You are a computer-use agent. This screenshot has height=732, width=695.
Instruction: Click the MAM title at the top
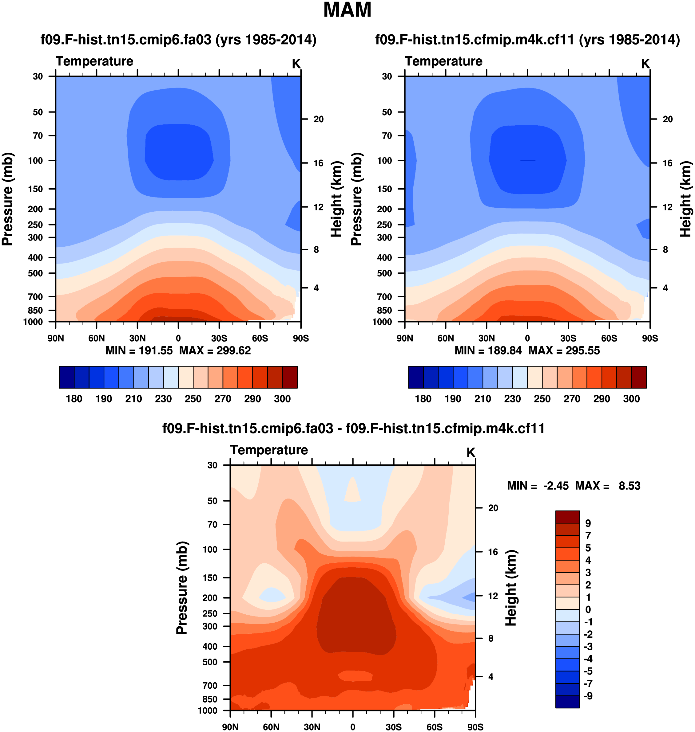tap(347, 10)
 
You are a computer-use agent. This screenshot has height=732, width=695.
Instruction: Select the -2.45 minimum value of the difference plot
tap(556, 486)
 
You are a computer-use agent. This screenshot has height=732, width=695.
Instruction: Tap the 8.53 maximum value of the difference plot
tap(629, 486)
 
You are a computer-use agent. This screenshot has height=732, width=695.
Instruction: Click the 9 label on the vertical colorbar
tap(588, 523)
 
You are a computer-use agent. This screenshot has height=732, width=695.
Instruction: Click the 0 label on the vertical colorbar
tap(588, 609)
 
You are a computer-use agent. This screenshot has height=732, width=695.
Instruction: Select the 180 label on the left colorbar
tap(74, 399)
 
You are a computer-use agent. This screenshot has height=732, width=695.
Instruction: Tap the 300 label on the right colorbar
tap(631, 399)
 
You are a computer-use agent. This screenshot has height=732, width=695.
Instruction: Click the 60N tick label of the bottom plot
tap(271, 727)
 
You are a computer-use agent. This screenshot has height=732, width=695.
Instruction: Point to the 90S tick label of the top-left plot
tap(300, 338)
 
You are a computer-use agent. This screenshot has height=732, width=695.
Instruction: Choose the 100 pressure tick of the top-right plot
tap(384, 161)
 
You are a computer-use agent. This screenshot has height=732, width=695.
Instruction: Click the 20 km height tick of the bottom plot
tap(493, 508)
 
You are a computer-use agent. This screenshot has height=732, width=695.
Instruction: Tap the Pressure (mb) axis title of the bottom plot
tap(182, 588)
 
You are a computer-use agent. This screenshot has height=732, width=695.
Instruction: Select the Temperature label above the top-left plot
tap(94, 61)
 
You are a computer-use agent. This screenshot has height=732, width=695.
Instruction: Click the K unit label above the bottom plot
tap(471, 452)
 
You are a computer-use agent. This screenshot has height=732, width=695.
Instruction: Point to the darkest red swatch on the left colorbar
tap(290, 377)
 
